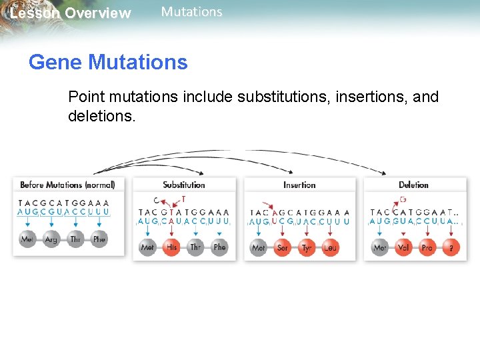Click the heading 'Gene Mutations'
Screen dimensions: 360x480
(x=108, y=63)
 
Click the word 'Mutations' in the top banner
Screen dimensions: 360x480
(x=192, y=12)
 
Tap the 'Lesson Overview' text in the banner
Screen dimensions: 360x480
(x=71, y=13)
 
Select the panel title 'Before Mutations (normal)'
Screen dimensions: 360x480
(x=67, y=185)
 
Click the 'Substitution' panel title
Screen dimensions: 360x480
(x=184, y=185)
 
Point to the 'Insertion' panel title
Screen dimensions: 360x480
(x=299, y=185)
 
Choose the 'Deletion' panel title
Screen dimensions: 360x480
(x=413, y=185)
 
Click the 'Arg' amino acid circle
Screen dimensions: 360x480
(x=51, y=239)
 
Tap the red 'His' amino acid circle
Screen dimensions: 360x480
(x=172, y=247)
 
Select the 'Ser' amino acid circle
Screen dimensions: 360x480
(x=283, y=247)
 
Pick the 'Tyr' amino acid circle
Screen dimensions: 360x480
(x=307, y=247)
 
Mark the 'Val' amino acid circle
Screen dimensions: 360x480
(x=403, y=247)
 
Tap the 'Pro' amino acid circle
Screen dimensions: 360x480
(x=427, y=247)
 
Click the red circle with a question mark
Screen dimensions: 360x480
(x=451, y=247)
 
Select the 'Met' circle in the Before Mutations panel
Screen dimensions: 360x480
(x=27, y=239)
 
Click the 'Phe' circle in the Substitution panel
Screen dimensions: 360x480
(x=219, y=247)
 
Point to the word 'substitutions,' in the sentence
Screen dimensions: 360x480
(x=279, y=97)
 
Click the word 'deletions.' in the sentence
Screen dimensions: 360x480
(x=101, y=116)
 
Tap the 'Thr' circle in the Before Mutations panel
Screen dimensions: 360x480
(x=75, y=239)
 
